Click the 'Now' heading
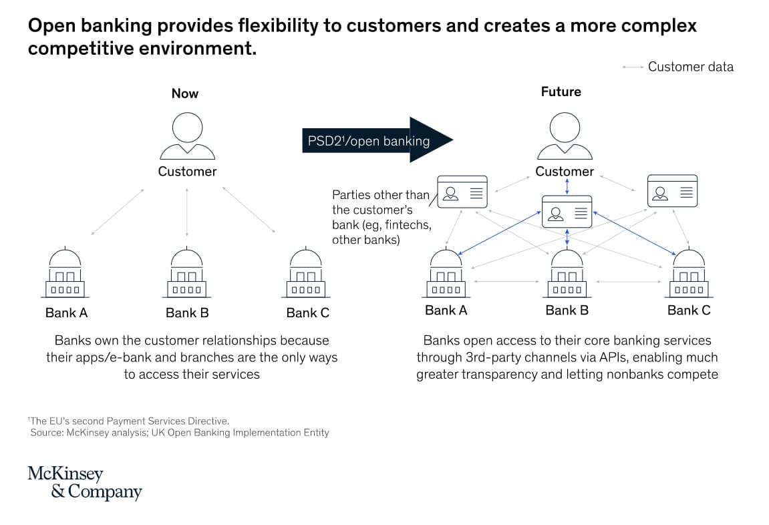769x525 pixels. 185,94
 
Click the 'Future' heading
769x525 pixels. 561,92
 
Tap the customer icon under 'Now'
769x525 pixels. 187,136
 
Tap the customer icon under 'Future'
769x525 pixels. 565,136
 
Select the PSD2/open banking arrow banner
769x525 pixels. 377,140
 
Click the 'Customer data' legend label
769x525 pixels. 691,67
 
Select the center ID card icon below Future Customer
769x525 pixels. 567,212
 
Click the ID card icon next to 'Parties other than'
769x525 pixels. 462,192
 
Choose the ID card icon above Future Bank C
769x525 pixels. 672,190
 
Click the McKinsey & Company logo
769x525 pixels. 85,482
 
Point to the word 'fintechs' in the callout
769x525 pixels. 408,225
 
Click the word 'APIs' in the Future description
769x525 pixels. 613,357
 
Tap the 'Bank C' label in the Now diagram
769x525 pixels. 307,313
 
